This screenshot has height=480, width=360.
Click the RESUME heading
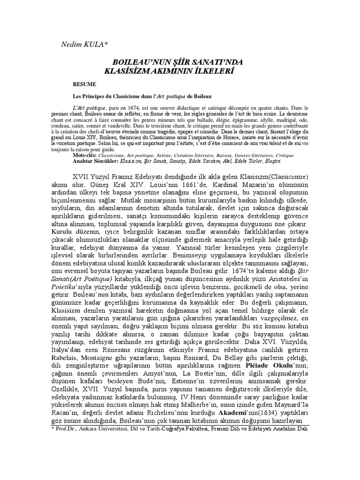point(84,84)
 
